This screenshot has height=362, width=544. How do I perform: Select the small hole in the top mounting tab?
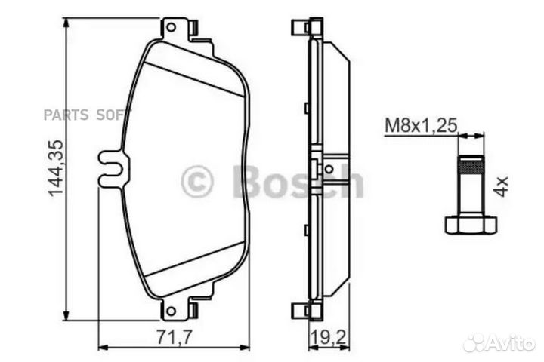172,28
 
